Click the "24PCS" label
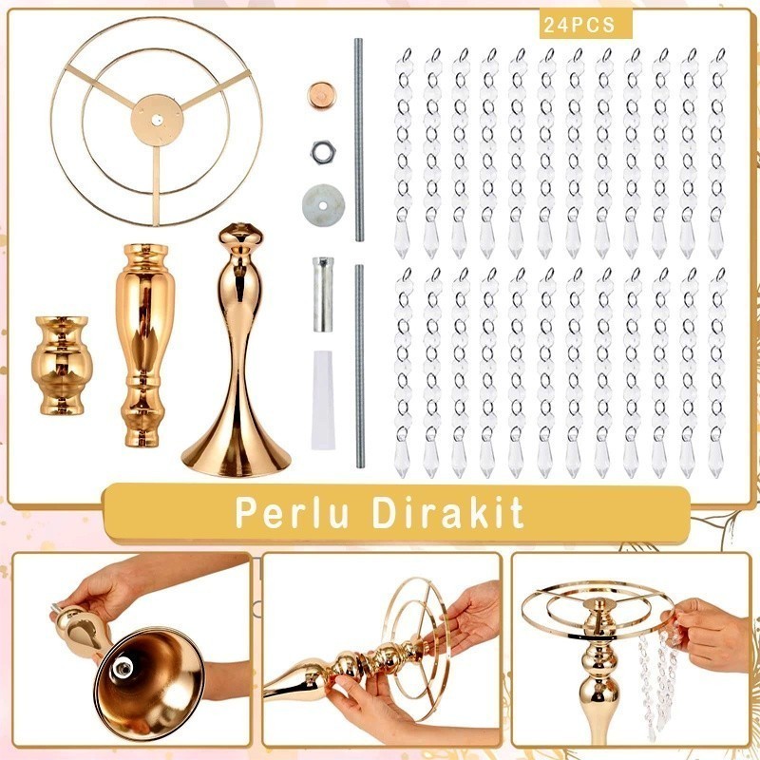click(578, 27)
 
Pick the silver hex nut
click(320, 150)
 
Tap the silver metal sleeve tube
click(323, 293)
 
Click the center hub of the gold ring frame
click(155, 117)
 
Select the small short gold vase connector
click(59, 365)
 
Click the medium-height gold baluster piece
click(145, 344)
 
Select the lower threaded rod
click(360, 366)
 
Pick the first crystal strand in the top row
click(404, 152)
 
